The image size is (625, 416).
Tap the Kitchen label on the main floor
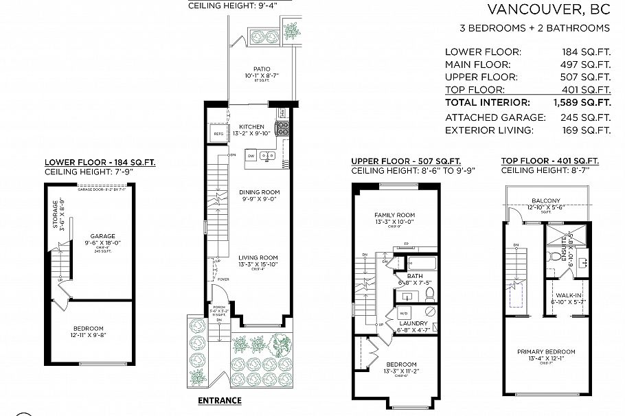[x=251, y=127]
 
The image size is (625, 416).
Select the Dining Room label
[x=259, y=192]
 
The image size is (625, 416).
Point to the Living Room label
[x=258, y=257]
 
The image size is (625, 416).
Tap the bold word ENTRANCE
[x=220, y=400]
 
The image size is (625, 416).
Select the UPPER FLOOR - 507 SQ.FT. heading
[x=406, y=161]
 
